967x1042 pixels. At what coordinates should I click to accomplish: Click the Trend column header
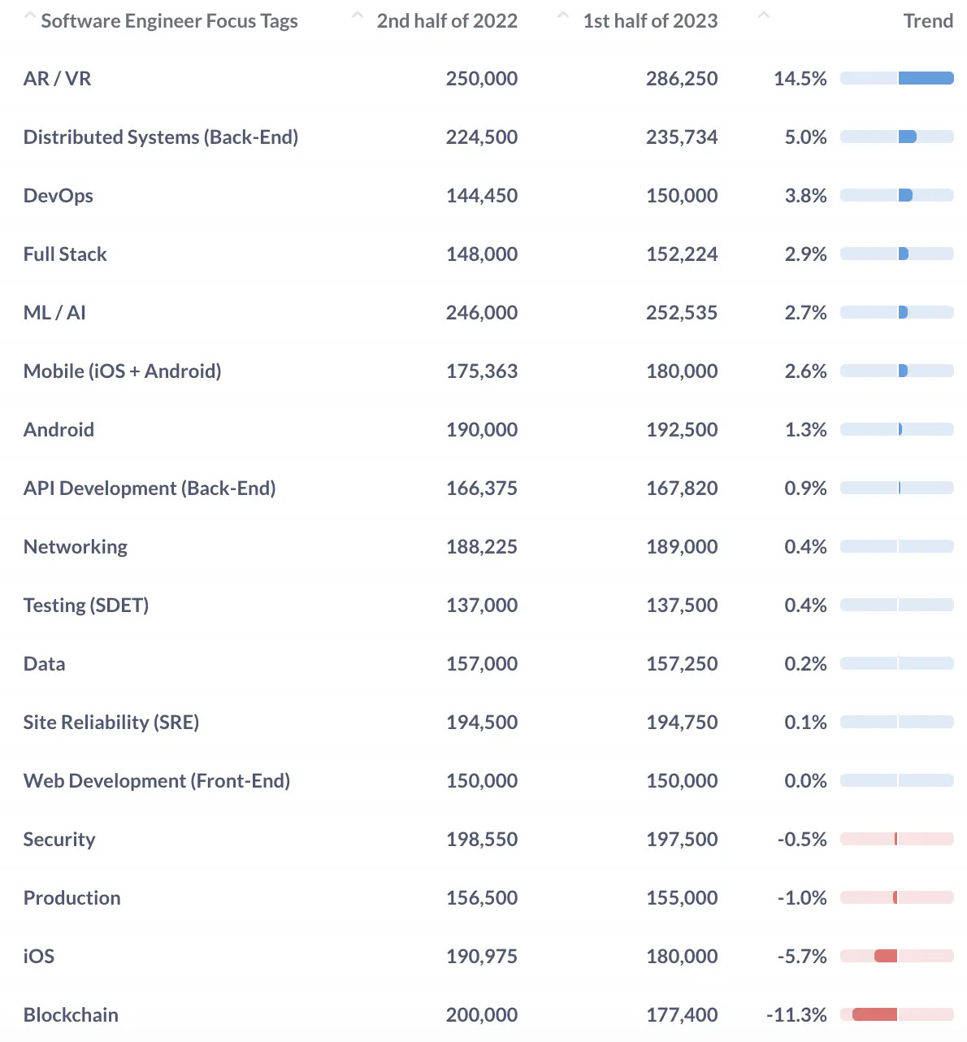point(927,21)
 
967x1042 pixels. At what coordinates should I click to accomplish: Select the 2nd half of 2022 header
point(446,21)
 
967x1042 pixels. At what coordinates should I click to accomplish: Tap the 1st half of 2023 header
point(649,21)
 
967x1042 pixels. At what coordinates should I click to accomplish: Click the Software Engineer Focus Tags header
point(169,21)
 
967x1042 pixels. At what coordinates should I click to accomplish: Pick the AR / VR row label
point(57,79)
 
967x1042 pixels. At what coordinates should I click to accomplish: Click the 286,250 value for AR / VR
point(681,79)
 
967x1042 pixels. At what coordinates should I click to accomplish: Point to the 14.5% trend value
point(800,79)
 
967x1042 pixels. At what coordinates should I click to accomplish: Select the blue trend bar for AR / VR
point(926,79)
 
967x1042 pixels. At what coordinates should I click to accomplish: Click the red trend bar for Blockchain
point(875,1014)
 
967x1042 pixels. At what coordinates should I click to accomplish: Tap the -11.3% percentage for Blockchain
point(796,1015)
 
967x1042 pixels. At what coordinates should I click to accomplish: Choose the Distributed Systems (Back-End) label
point(161,137)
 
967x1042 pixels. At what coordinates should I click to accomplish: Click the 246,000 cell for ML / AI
point(481,313)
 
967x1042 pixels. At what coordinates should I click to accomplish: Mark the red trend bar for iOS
point(886,956)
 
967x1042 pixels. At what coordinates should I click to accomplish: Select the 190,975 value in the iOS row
point(481,957)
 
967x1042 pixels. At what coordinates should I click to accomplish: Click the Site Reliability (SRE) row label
point(111,723)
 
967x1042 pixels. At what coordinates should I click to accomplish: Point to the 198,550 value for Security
point(481,840)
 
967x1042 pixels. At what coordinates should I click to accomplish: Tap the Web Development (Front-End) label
point(157,781)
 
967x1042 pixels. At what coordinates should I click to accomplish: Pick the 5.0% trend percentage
point(805,137)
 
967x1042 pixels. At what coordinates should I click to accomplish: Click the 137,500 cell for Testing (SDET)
point(681,606)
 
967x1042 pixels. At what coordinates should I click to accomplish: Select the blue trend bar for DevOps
point(905,195)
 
